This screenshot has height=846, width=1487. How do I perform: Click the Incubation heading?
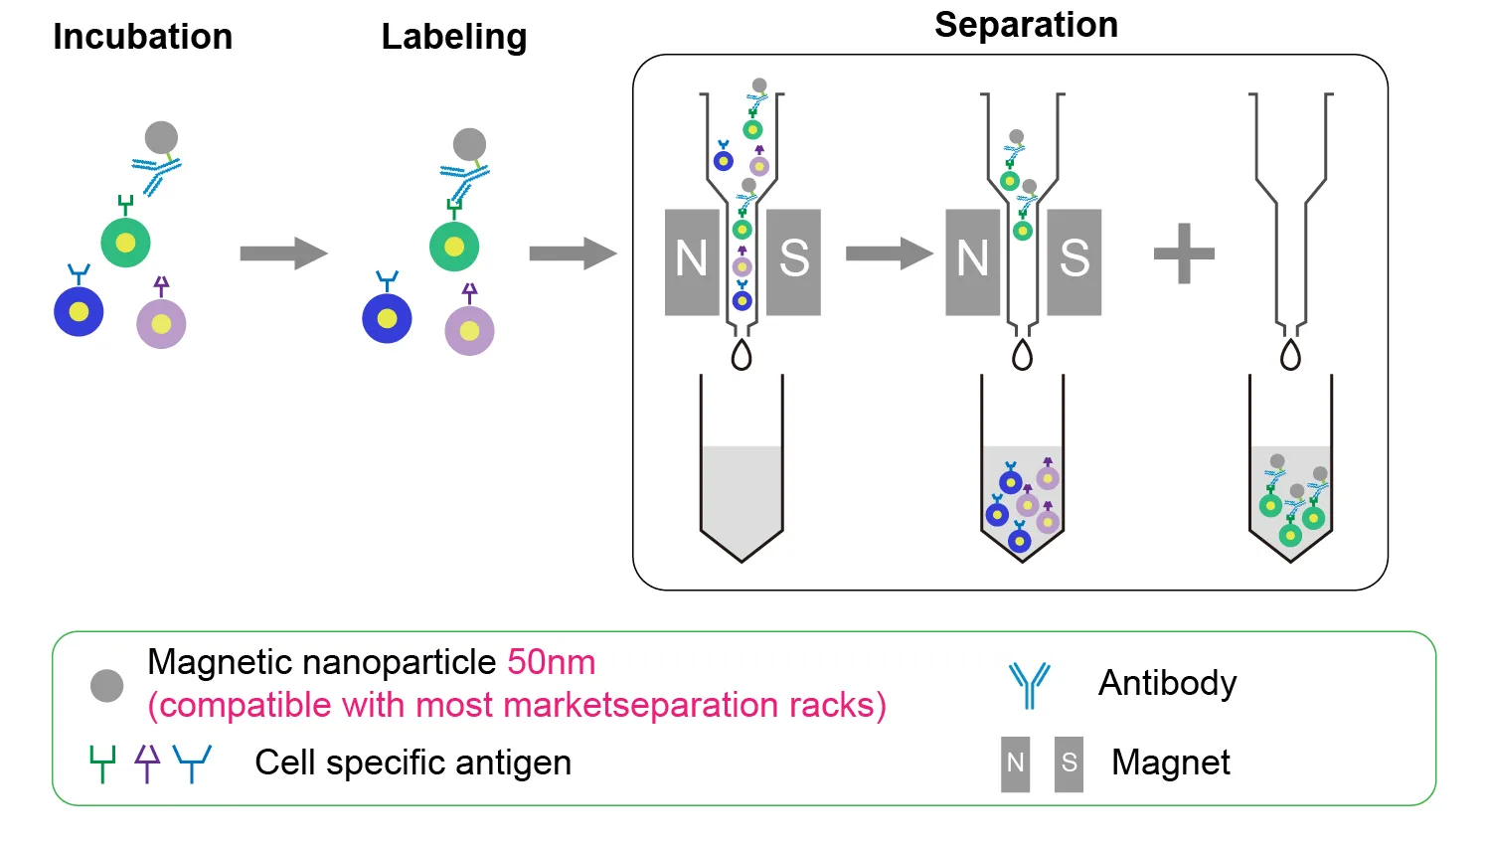[142, 37]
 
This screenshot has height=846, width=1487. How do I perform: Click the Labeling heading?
[454, 37]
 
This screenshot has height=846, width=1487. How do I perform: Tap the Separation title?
[1026, 25]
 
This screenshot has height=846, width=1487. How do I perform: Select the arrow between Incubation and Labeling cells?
[283, 254]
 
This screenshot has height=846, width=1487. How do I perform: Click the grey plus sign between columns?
[1184, 254]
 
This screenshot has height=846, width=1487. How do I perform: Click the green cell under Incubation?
[125, 243]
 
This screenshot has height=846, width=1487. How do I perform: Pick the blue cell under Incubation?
[79, 311]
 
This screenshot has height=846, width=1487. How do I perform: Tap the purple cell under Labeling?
[469, 331]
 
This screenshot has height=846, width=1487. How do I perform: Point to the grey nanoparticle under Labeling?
[469, 144]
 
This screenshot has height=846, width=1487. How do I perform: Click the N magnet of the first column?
[692, 261]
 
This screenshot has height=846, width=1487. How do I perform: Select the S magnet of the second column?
[1074, 261]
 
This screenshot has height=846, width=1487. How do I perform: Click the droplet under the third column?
[1290, 355]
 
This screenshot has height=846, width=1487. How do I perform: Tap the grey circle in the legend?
[107, 685]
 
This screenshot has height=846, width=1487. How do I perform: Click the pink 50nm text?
[552, 662]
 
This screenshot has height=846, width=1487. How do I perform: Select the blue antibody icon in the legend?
[1030, 685]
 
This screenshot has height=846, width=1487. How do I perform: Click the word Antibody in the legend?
[1167, 683]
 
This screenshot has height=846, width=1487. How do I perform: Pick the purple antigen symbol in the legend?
[147, 762]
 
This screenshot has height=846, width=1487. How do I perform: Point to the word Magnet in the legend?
[1170, 762]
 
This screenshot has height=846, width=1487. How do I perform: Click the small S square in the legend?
[1069, 763]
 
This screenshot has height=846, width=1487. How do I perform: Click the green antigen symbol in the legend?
[102, 763]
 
